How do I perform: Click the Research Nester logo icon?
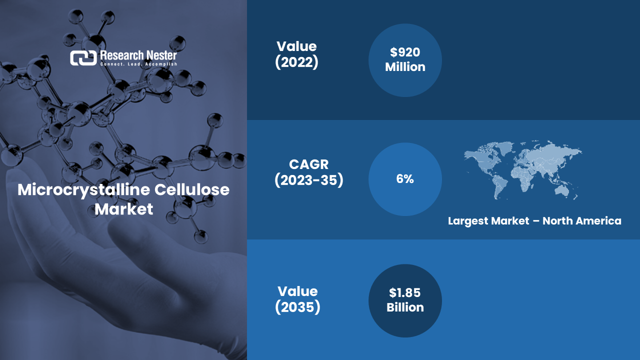83,58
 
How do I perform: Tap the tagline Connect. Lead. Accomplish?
139,64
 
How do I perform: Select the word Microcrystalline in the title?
83,190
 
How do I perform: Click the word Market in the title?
123,209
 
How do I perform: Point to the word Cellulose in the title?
192,189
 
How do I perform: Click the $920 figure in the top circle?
405,52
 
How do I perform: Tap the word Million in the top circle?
405,67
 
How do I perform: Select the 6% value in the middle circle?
405,179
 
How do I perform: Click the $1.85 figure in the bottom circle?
405,292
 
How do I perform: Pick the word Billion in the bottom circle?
405,307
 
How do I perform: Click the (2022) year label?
296,62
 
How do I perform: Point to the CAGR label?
309,164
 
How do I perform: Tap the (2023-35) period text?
309,180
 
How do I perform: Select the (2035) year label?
297,307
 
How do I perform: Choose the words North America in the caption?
582,221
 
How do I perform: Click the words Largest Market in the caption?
488,221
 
